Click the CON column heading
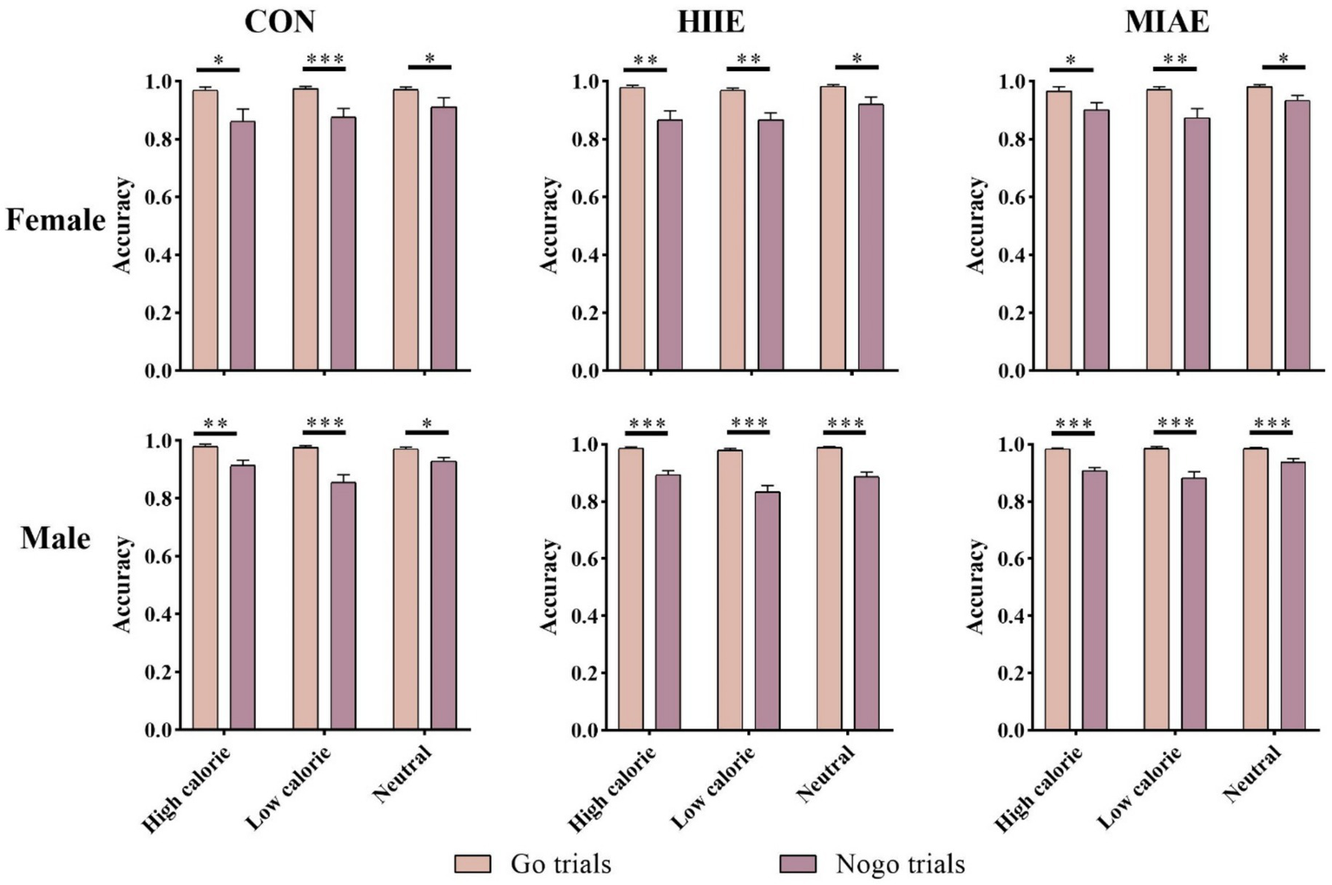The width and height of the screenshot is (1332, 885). point(279,21)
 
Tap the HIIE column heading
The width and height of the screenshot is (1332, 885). point(710,21)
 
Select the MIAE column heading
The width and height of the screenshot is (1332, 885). point(1166,21)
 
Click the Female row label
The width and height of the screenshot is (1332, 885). point(56,220)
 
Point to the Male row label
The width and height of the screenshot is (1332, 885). point(56,538)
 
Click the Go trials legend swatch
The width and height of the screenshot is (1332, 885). point(473,864)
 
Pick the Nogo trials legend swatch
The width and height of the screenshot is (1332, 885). point(798,864)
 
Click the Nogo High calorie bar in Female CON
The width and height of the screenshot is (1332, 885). point(243,247)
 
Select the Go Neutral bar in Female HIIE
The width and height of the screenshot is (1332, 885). point(833,228)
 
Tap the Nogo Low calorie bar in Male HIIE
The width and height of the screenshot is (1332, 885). point(767,611)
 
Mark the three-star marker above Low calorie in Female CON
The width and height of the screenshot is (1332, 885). point(325,59)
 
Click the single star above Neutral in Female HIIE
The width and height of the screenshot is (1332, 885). point(857,59)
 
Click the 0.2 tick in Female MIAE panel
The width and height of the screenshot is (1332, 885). point(1012,313)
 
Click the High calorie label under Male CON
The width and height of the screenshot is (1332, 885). point(187,790)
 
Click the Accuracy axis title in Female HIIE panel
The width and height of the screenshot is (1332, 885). point(549,226)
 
